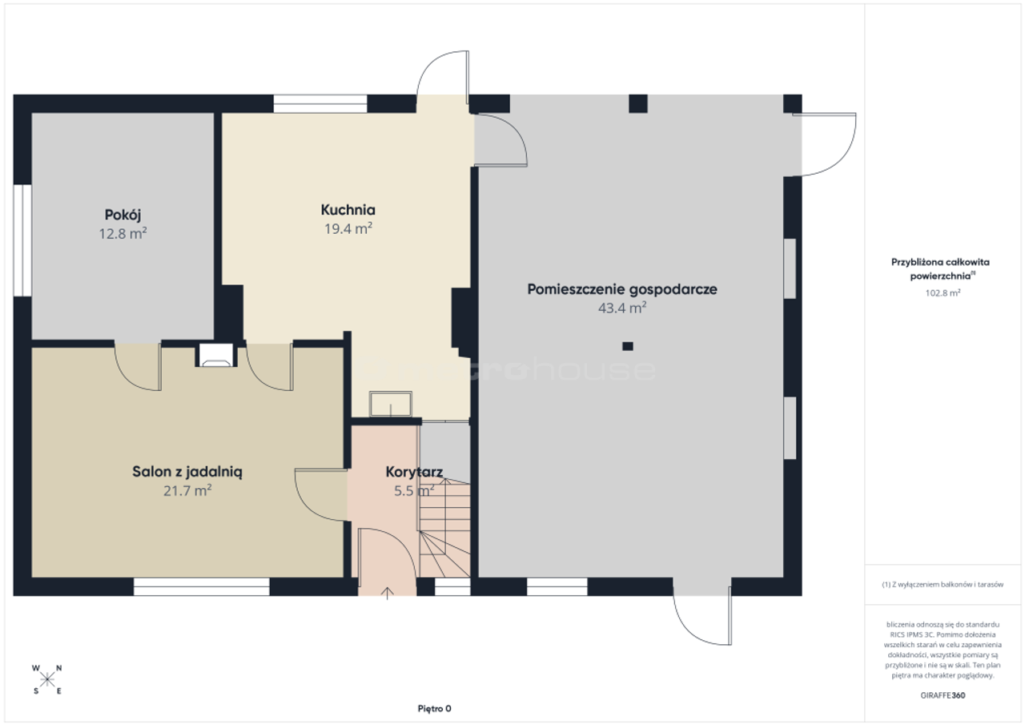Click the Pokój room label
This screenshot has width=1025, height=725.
click(x=123, y=215)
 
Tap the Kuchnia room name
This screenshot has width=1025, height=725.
click(x=348, y=210)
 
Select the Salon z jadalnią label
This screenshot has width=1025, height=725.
click(x=187, y=472)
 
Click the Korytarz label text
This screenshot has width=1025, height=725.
click(x=414, y=472)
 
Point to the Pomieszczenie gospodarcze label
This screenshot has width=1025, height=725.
click(x=622, y=290)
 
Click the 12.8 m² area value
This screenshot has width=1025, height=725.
click(x=123, y=233)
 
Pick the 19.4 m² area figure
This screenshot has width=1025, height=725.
click(x=348, y=228)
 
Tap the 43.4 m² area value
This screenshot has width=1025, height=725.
click(x=622, y=308)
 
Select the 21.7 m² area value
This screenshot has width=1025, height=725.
click(x=187, y=490)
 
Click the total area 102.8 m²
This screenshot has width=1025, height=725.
click(x=943, y=293)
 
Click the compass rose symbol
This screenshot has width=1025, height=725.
click(x=46, y=679)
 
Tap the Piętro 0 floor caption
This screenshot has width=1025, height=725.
click(x=434, y=708)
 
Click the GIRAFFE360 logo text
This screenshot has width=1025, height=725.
click(x=943, y=695)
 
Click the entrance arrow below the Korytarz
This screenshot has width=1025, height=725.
click(x=387, y=593)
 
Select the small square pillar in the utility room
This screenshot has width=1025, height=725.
click(x=627, y=346)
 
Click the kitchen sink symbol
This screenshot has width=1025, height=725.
click(x=390, y=404)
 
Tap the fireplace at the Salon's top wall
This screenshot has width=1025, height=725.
click(x=216, y=355)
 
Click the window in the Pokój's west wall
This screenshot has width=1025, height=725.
click(x=22, y=240)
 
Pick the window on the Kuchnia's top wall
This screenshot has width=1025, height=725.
click(x=320, y=104)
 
